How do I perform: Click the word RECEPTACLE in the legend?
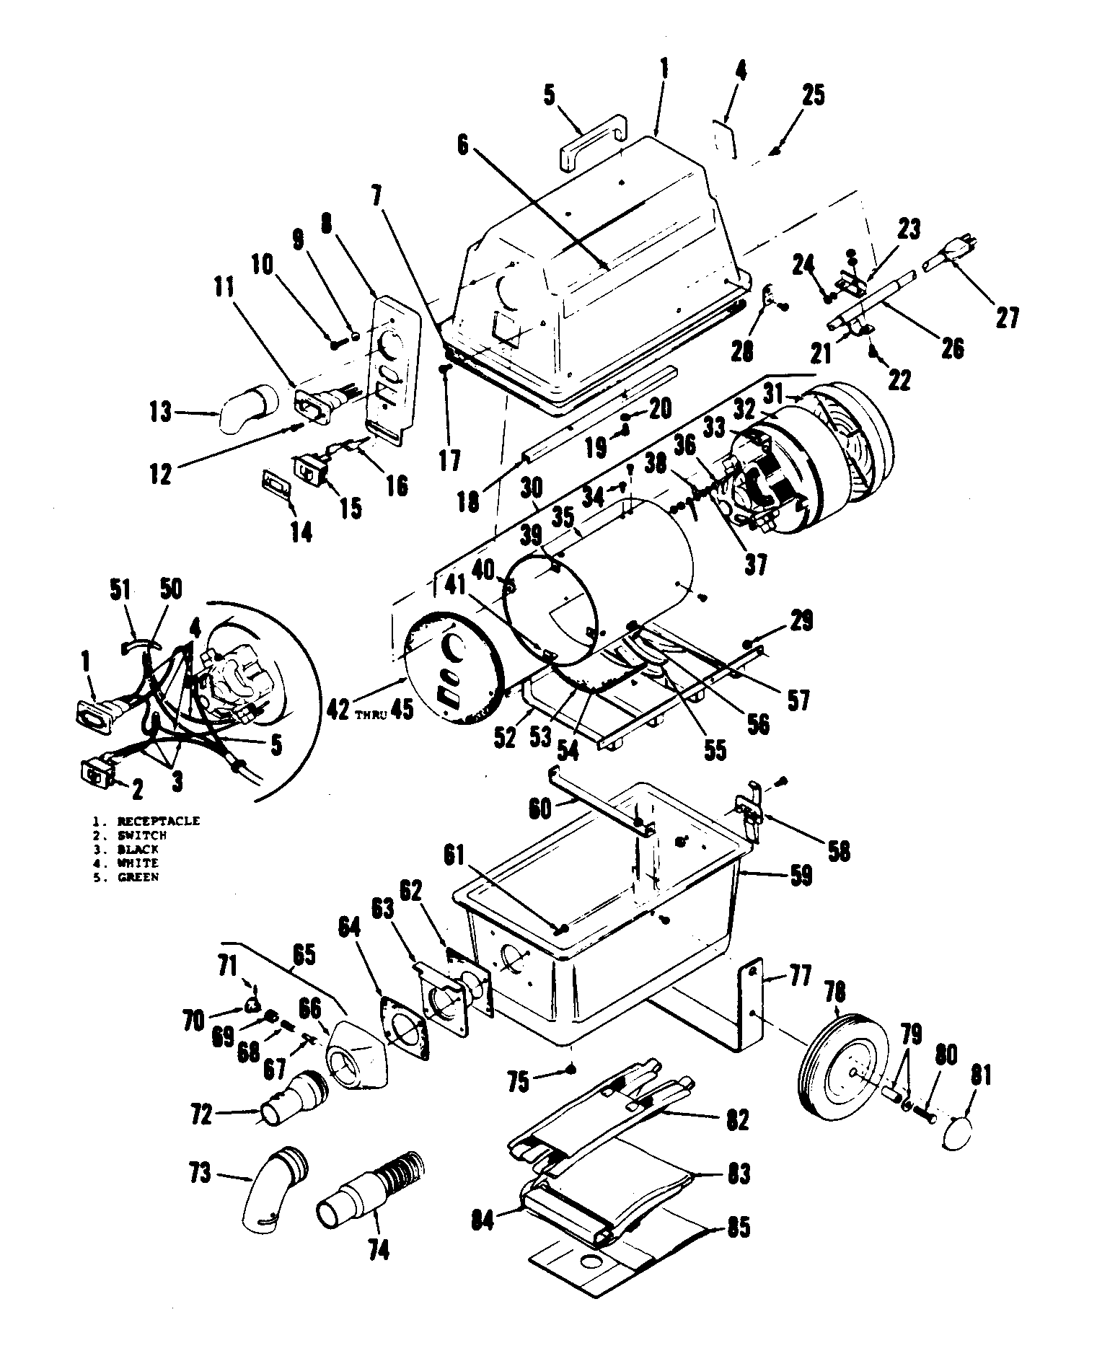(159, 821)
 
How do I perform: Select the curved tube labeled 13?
(246, 408)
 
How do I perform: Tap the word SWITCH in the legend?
(142, 835)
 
